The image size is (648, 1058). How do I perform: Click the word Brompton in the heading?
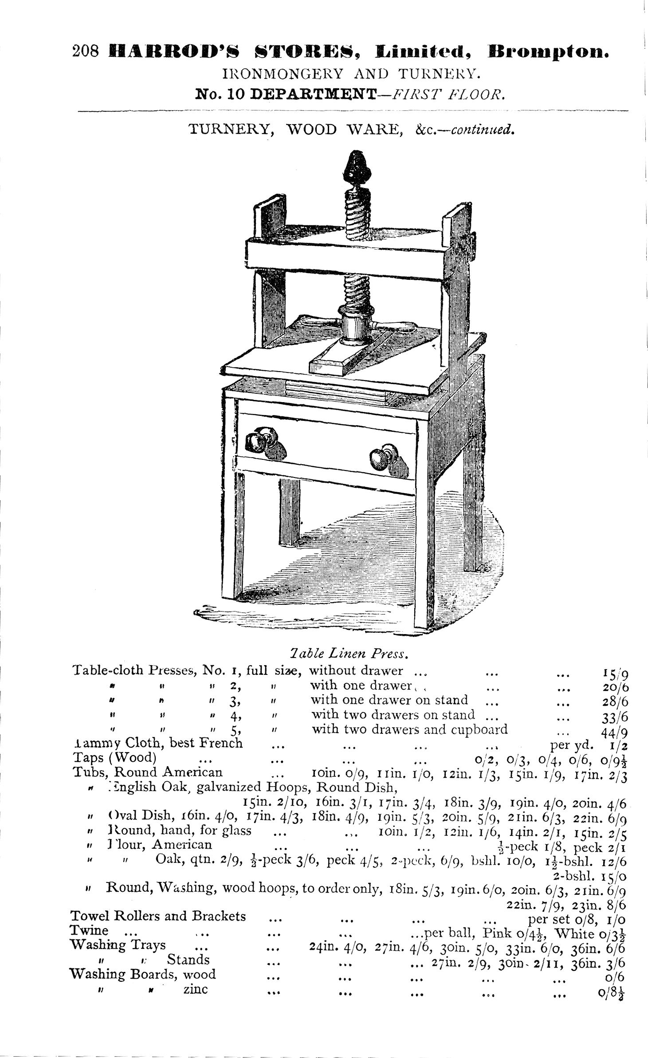[x=548, y=52]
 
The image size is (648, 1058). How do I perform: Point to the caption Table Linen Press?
[x=347, y=653]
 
